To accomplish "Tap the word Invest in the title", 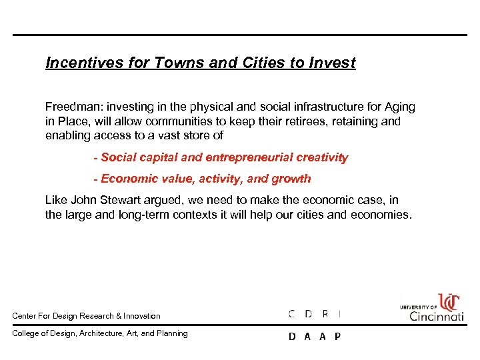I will click(333, 63).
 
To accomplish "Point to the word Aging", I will click(398, 107).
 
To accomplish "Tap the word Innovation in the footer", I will click(143, 316).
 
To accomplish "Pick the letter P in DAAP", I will click(337, 337).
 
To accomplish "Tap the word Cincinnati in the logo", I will click(436, 316).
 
